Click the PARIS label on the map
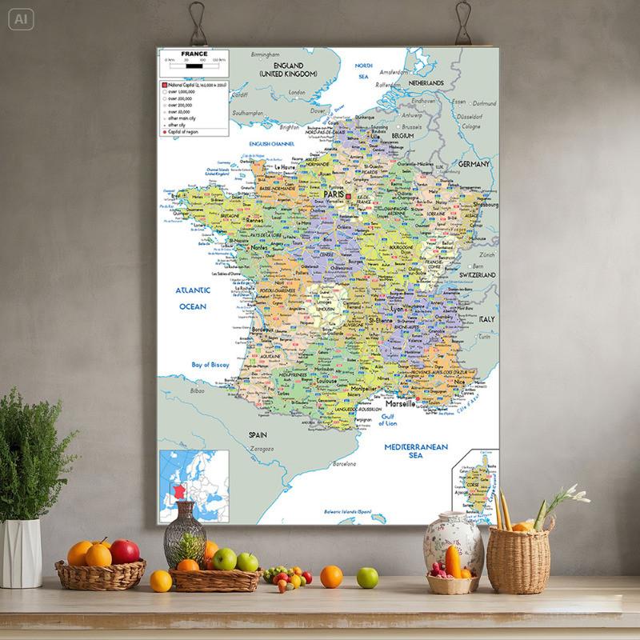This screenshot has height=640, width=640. [333, 194]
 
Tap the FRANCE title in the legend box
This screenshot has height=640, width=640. [194, 54]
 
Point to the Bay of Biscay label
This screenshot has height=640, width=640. [210, 365]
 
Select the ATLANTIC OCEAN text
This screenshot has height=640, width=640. [193, 298]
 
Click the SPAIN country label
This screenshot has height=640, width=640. [257, 434]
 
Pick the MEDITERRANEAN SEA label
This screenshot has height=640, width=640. [415, 450]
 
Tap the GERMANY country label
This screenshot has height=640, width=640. [474, 164]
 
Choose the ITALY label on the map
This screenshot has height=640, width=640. [487, 319]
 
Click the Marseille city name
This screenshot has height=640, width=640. [398, 404]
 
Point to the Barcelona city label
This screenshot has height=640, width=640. [344, 464]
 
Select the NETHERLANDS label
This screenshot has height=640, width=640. [426, 82]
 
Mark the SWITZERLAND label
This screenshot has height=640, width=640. [478, 274]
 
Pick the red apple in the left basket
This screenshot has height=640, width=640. [125, 551]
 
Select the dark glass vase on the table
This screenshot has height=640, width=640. [185, 534]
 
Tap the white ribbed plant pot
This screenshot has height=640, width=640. [22, 553]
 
